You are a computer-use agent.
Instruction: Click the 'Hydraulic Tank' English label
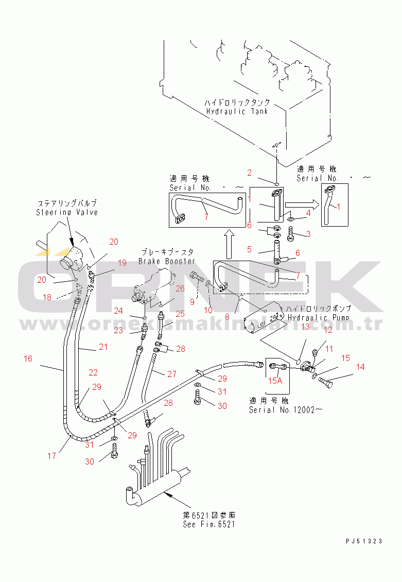(237, 111)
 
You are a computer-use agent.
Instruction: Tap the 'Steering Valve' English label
(67, 212)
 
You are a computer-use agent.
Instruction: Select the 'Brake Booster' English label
(167, 262)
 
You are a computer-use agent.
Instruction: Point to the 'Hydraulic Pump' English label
(319, 318)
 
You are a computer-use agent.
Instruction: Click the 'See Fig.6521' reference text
(209, 524)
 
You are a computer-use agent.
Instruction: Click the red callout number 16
(28, 358)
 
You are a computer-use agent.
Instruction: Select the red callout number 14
(360, 367)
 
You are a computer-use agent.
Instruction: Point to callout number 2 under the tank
(249, 173)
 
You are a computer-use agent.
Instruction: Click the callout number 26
(180, 288)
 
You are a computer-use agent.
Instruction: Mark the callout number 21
(103, 347)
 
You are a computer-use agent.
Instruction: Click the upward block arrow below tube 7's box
(230, 239)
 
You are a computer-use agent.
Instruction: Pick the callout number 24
(118, 311)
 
